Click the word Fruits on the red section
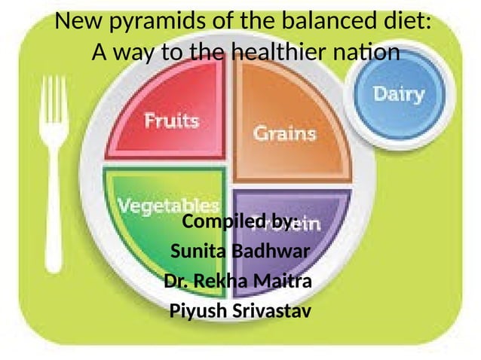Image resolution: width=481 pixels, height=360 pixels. click(x=172, y=121)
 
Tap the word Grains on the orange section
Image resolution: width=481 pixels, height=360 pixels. click(x=283, y=133)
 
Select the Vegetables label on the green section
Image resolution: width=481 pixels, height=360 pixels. click(x=167, y=205)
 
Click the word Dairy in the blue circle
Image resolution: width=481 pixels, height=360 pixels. click(x=399, y=96)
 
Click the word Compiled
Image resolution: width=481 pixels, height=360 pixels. click(x=219, y=222)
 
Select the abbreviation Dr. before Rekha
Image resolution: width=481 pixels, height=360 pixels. click(x=175, y=282)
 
